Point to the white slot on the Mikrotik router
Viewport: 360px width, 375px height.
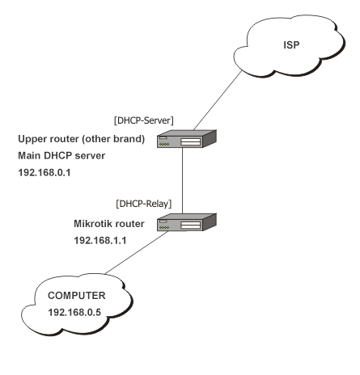191,223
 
